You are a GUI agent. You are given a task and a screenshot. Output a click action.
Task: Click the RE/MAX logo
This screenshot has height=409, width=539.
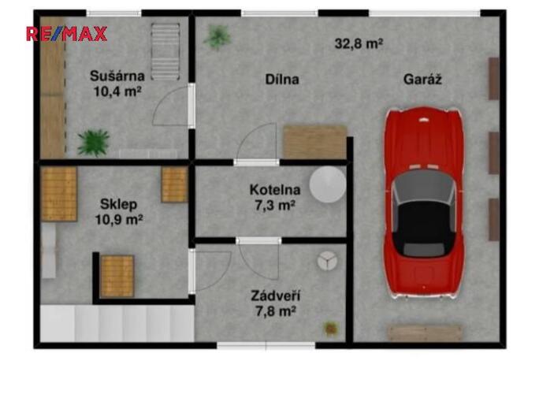click(66, 34)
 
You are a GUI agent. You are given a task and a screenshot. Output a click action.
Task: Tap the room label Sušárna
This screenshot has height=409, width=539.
click(117, 76)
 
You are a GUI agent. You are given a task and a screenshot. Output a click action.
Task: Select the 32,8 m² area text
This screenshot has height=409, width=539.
click(359, 44)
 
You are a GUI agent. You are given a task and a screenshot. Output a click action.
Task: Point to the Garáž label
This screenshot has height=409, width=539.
click(422, 80)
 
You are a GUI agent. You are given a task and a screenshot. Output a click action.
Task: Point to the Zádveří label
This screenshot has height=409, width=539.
click(275, 296)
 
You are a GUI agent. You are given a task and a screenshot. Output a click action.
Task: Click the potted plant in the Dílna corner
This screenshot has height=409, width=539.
click(217, 35)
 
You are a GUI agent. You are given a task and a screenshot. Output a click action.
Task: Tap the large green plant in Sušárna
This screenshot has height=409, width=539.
click(93, 142)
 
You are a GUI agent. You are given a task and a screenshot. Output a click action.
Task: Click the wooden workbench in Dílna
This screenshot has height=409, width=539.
click(314, 142)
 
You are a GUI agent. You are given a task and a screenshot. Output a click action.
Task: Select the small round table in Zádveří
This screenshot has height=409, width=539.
click(325, 259)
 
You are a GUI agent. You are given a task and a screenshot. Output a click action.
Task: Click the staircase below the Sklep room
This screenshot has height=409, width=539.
click(117, 323)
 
